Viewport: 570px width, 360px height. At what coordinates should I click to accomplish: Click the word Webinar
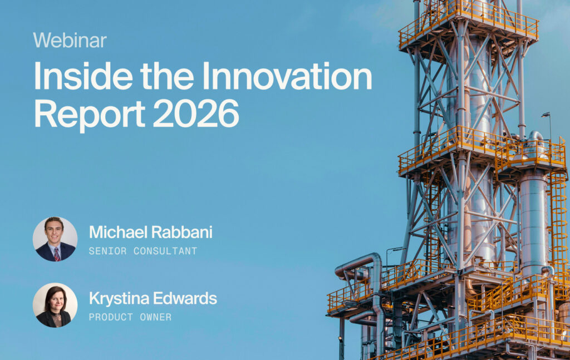(70, 40)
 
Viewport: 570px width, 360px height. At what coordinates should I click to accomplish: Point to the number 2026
(195, 114)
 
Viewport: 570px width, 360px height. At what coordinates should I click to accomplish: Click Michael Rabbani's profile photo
(55, 239)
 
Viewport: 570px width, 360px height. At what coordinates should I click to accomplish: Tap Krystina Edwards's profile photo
(55, 305)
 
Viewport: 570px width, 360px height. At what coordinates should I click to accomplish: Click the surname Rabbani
(182, 232)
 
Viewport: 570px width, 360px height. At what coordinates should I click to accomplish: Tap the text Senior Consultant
(143, 251)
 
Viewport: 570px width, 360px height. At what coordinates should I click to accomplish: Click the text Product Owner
(130, 317)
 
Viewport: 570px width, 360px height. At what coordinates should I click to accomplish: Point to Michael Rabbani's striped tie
(57, 254)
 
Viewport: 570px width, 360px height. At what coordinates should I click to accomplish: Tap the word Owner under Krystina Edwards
(156, 317)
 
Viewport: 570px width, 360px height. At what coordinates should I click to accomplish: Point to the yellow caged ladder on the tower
(559, 218)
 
